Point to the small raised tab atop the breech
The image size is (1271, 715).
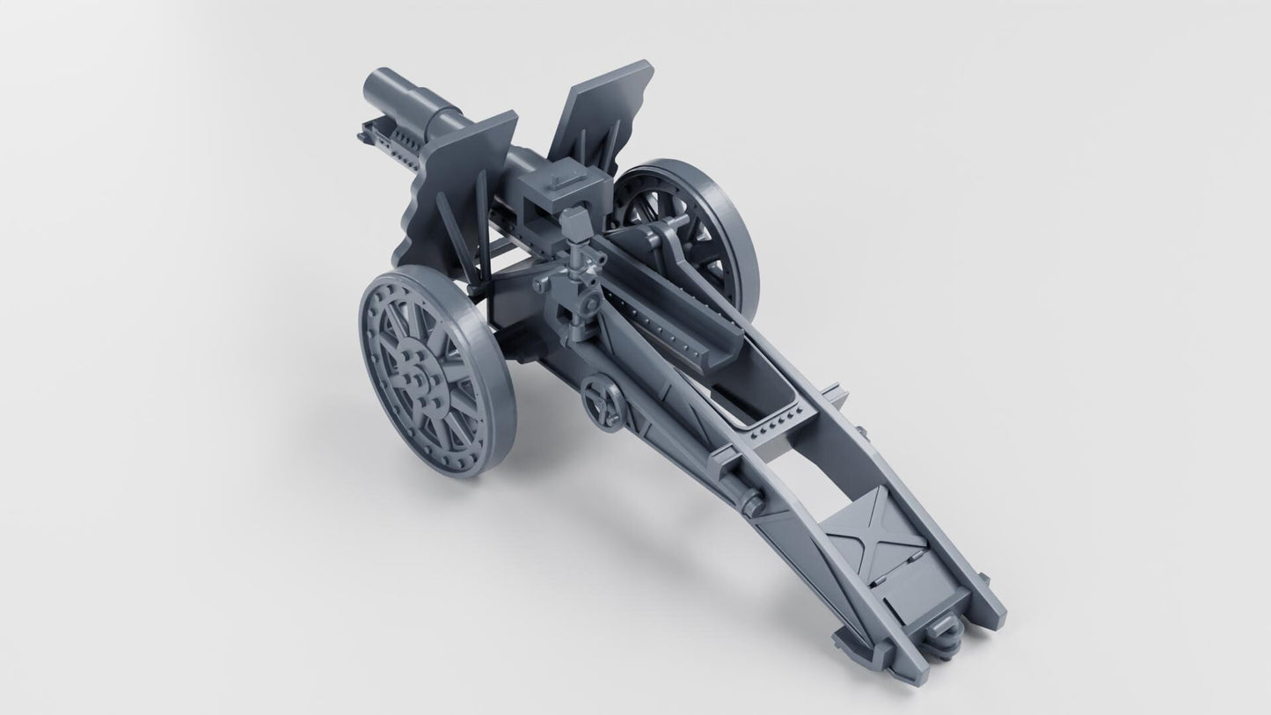[x=560, y=180]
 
